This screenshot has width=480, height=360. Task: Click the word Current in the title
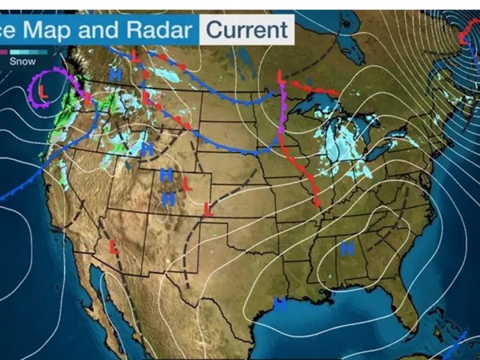coord(246,30)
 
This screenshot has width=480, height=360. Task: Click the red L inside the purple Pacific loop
coord(44,91)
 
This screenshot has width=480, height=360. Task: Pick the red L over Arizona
coord(114,246)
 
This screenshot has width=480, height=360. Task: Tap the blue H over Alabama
coord(347,249)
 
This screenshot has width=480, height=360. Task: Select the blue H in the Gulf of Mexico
coord(280,303)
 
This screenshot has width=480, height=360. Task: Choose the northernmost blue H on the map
coord(117,74)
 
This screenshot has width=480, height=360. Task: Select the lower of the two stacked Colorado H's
coord(169,198)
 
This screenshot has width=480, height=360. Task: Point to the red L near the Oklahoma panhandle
coord(208,210)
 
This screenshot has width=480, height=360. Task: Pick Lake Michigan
coord(331,141)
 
